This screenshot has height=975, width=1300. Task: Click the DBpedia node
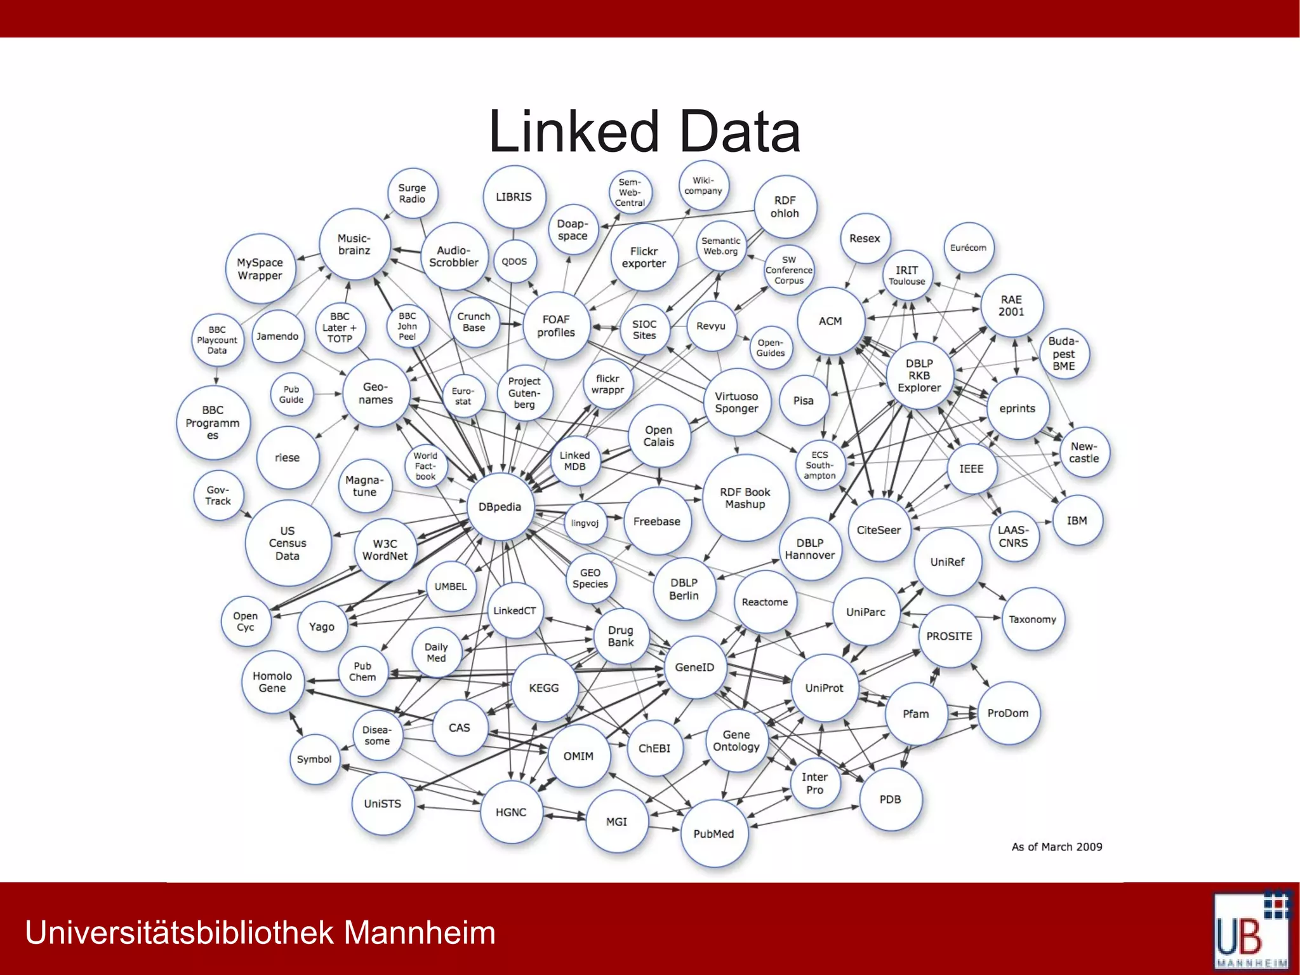click(x=500, y=507)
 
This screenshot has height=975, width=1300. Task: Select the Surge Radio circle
click(x=412, y=193)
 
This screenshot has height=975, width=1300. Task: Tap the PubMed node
click(x=713, y=833)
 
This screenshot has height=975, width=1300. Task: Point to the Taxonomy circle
click(x=1033, y=619)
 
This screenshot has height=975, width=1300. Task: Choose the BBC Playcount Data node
click(x=217, y=340)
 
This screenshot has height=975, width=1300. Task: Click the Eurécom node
click(x=968, y=248)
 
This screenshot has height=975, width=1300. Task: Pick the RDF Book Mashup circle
click(x=745, y=498)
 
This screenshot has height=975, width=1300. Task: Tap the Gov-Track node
click(x=218, y=495)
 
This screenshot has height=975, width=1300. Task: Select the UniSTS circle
click(x=382, y=804)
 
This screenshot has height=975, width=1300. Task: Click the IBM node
click(x=1077, y=521)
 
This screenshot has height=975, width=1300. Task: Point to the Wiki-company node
click(x=703, y=185)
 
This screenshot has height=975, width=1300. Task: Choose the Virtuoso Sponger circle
click(x=736, y=402)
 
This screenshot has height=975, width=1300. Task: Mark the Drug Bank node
click(x=621, y=636)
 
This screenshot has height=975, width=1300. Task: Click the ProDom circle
click(x=1007, y=713)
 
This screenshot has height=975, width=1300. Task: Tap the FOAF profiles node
click(x=556, y=326)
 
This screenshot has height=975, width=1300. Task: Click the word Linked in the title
click(x=573, y=131)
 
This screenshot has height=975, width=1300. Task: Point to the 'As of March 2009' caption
click(x=1057, y=847)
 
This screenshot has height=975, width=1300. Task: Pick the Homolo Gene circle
click(x=272, y=682)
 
